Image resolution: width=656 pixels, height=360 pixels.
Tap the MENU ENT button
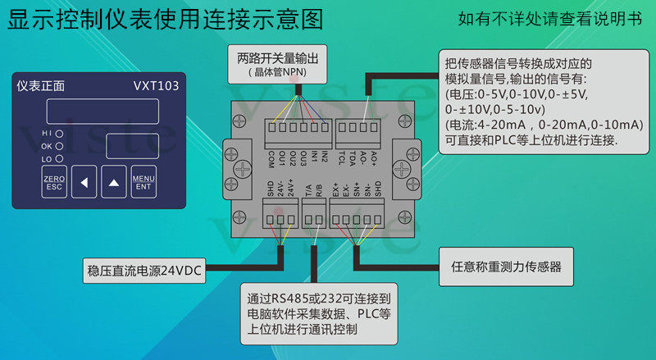coord(143,182)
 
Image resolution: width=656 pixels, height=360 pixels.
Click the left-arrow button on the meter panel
coord(83,182)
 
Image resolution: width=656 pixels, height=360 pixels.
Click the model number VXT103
coord(155,85)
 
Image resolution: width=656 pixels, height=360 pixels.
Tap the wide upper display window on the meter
coord(112,111)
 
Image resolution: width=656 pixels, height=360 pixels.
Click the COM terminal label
coord(271,157)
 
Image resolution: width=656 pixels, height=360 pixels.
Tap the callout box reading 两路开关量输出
coord(277,64)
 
